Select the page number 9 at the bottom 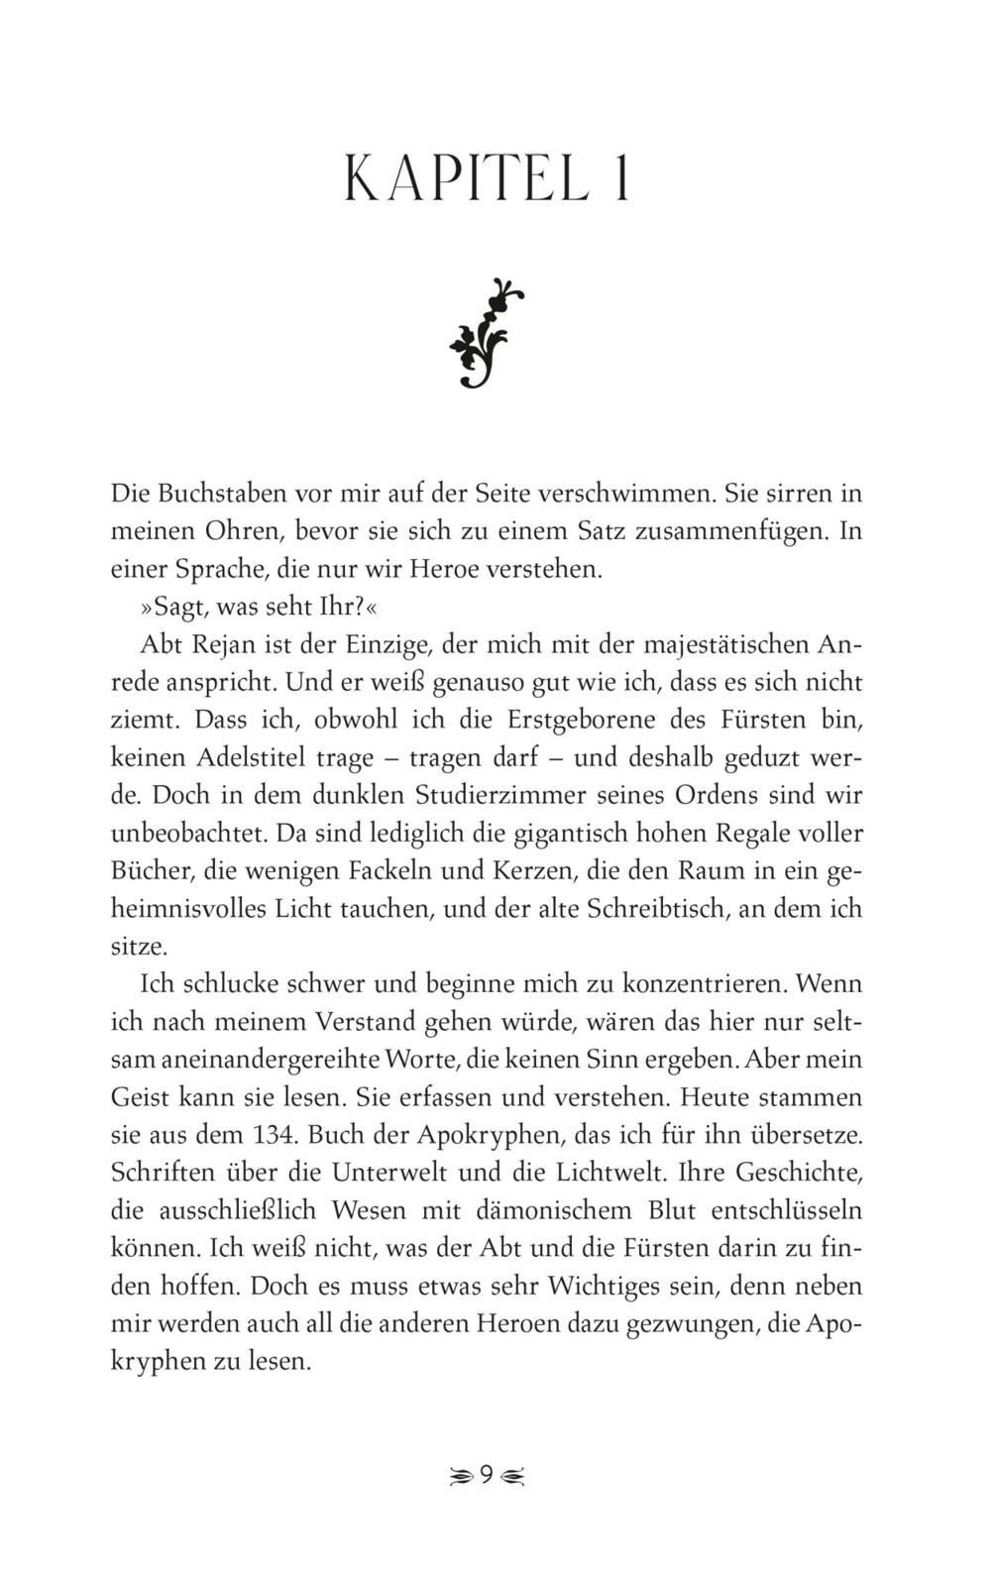click(487, 1475)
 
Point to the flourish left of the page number click(460, 1476)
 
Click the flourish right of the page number click(513, 1476)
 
